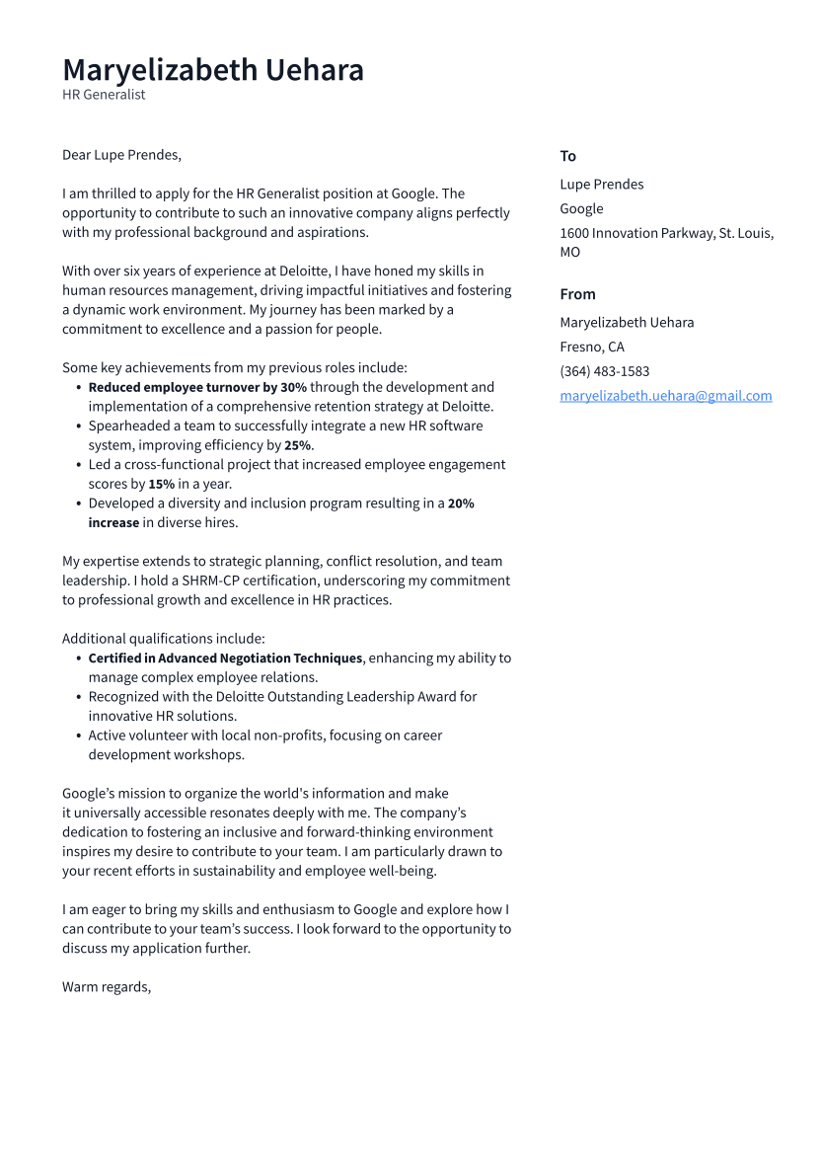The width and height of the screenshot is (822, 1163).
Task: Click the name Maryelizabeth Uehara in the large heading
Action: [213, 70]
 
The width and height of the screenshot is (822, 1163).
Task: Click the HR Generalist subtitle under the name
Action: [104, 95]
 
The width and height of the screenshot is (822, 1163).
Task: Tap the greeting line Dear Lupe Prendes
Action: [121, 155]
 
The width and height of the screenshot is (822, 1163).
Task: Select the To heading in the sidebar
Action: [568, 156]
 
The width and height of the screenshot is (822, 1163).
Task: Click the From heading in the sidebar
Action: [577, 294]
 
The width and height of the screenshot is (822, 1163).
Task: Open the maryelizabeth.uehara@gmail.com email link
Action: [665, 396]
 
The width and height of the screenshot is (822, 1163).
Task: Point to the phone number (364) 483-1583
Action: [604, 371]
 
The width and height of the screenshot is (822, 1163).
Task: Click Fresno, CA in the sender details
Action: [592, 347]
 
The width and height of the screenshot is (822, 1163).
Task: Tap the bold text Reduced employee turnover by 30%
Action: [197, 387]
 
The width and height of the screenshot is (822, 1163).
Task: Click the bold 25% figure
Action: [298, 445]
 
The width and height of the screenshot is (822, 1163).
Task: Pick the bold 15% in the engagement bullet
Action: [161, 484]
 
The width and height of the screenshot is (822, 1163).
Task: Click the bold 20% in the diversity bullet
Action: [461, 504]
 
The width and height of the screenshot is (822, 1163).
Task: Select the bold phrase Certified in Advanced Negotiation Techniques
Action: [225, 658]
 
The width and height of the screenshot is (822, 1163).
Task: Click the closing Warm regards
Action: [107, 986]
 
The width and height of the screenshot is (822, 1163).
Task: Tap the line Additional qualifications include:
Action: [164, 639]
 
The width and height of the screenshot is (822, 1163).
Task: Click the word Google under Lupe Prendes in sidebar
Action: [581, 208]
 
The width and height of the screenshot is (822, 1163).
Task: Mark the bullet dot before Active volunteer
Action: [78, 736]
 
